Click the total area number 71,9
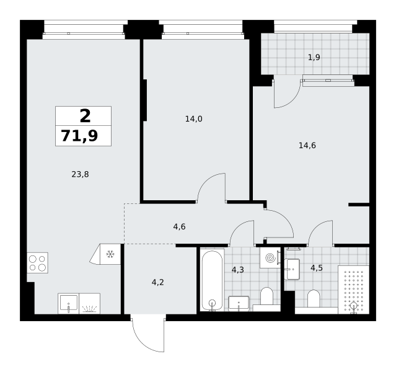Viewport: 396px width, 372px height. coord(79,136)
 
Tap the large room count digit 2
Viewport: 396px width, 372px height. coord(85,116)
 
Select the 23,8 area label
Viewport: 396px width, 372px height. coord(80,174)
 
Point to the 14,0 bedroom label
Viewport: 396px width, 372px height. coord(194,119)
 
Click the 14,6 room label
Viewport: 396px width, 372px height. coord(307,146)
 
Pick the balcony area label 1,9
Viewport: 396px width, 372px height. coord(314,58)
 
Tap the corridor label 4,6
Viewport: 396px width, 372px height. coord(179,227)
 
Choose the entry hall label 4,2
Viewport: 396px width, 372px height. coord(158,282)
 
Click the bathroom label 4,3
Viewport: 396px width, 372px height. coord(237,270)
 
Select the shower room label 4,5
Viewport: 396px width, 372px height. coord(317,268)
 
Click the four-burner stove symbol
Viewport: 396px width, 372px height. coord(37,263)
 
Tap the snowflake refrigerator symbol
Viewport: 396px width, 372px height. coord(110,254)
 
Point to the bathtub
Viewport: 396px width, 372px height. coord(212,280)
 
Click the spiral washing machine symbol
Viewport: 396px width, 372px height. coord(270,258)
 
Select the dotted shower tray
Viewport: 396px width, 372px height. coord(354,290)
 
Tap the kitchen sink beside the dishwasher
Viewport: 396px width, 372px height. coord(68,304)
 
